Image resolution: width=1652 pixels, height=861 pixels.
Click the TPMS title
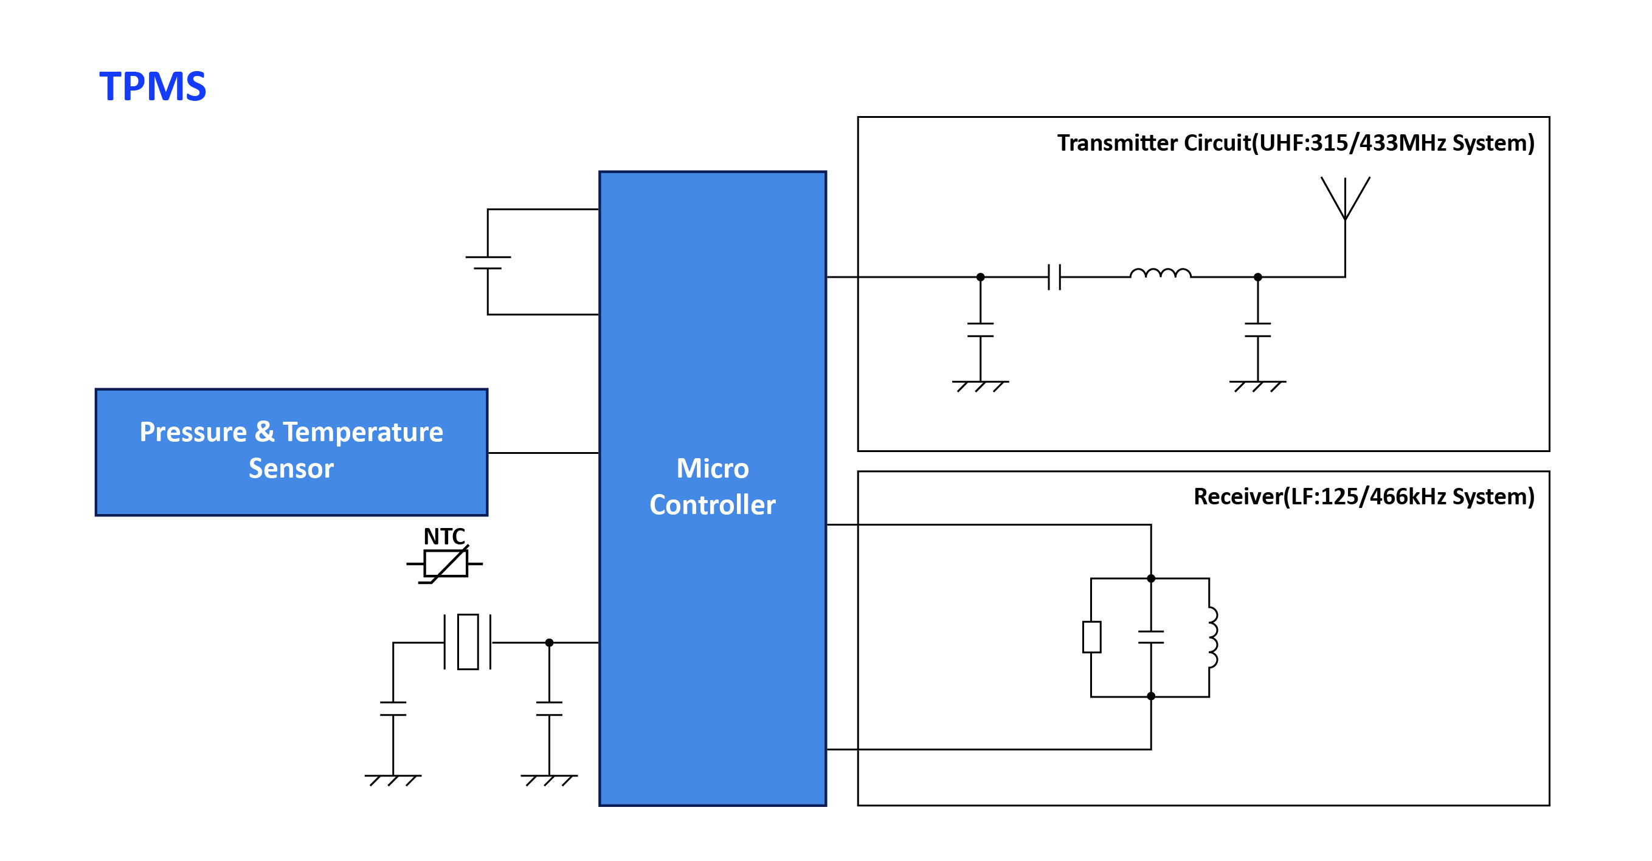coord(153,86)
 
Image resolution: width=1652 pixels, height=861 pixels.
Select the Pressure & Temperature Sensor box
coord(291,451)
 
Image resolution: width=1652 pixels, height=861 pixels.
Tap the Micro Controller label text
coord(712,487)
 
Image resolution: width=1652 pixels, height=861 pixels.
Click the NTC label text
coord(444,537)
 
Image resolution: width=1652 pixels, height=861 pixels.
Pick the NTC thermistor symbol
coord(445,564)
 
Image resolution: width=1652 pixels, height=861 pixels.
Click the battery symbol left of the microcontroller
coord(488,263)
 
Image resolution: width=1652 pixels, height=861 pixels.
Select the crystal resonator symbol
coord(468,642)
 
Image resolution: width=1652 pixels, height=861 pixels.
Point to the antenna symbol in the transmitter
coord(1345,199)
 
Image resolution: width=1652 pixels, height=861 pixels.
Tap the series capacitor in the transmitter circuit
coord(1054,277)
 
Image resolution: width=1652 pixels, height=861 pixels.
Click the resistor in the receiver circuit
coord(1091,637)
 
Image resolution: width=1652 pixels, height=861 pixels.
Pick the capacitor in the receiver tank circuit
coord(1151,637)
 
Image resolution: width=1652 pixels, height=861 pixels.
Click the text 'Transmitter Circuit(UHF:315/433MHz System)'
coord(1296,143)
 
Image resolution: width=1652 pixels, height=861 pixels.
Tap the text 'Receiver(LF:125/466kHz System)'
coord(1363,497)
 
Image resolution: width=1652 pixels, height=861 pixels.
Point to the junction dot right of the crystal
coord(549,642)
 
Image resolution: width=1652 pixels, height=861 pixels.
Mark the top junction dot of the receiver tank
coord(1151,578)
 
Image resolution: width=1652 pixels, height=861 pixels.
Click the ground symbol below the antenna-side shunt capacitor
coord(1257,385)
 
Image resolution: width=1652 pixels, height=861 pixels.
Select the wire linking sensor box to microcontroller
coord(543,453)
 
